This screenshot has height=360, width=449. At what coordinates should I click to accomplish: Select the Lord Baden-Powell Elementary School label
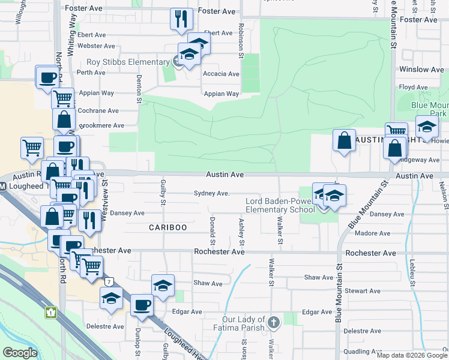coord(280,205)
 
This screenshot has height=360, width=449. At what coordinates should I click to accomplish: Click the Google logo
coord(20,353)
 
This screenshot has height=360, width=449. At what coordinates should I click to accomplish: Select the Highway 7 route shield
coord(109,281)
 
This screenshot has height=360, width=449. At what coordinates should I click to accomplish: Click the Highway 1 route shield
coord(51,312)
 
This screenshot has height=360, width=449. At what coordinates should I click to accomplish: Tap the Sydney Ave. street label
coord(211,193)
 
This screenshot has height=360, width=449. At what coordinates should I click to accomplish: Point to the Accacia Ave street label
coord(221,74)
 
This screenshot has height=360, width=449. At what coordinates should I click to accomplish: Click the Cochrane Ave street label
coord(98,111)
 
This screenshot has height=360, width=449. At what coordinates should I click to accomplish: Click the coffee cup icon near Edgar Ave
coord(142,304)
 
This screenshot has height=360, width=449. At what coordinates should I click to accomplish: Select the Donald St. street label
coord(212,227)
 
